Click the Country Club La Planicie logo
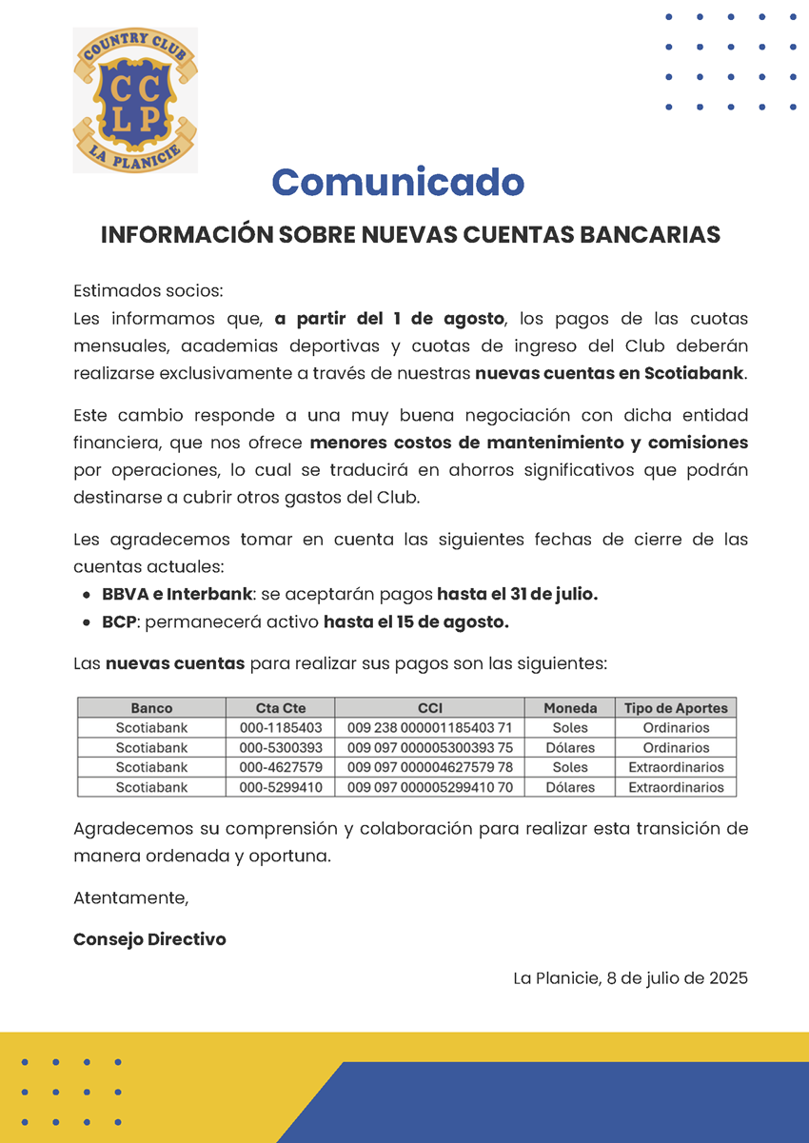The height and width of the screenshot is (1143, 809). point(135,101)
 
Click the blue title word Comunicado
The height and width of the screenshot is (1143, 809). point(398,182)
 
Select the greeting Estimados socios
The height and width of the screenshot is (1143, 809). point(148,290)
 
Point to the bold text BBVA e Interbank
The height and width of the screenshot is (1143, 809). point(177,594)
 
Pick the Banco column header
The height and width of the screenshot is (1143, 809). point(151,708)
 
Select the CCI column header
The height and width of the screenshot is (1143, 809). point(429,708)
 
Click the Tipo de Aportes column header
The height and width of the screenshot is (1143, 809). point(676,708)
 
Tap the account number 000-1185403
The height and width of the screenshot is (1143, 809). point(281,728)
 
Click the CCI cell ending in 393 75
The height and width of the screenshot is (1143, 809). point(429,748)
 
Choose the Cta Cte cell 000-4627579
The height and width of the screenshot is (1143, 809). point(281,767)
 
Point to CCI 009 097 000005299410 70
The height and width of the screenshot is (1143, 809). point(429,787)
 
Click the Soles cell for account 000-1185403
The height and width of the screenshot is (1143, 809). point(570,728)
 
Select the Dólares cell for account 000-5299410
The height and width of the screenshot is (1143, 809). point(570,787)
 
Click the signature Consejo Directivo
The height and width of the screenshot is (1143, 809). point(149,939)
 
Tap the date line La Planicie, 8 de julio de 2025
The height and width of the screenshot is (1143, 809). point(630,978)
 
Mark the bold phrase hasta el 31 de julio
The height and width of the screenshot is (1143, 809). point(517,594)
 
